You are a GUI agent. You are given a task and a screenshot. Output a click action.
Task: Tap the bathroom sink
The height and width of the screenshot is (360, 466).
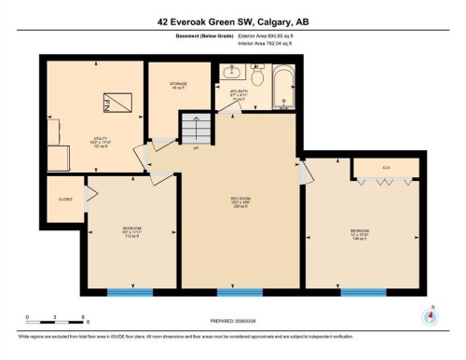pyautogui.click(x=231, y=73)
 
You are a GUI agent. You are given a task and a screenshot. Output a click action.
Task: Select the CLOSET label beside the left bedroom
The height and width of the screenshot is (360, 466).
pyautogui.click(x=65, y=199)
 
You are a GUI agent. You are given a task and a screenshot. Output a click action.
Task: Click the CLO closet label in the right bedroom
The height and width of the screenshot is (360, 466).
pyautogui.click(x=386, y=169)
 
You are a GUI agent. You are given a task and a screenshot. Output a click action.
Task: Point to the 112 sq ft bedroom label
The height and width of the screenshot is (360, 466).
pyautogui.click(x=131, y=231)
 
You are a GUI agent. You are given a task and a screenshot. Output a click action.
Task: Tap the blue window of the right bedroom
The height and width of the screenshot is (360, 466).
pyautogui.click(x=363, y=292)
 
